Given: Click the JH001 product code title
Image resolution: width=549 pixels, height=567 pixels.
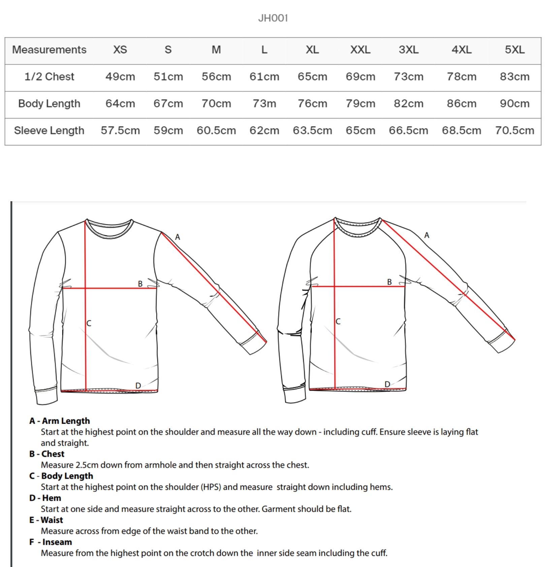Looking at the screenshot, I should [273, 18].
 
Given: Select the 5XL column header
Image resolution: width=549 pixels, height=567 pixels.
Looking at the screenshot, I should [514, 50].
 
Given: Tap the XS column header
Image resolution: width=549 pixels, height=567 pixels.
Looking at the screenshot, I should [120, 50].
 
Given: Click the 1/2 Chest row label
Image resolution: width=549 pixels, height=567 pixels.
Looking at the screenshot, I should [49, 77].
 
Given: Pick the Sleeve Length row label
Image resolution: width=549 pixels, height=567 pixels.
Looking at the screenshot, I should [49, 130].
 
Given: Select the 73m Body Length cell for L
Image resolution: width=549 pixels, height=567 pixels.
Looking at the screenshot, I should [264, 103].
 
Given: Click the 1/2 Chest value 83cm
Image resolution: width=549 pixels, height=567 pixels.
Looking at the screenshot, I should [514, 77].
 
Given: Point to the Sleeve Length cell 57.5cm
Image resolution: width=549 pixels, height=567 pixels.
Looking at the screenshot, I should [120, 130].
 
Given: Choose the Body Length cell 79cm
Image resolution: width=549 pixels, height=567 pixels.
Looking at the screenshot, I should [360, 103].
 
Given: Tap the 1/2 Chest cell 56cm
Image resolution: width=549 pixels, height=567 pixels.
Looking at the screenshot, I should [216, 77].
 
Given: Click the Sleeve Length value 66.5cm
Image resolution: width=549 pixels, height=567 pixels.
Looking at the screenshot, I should [408, 130].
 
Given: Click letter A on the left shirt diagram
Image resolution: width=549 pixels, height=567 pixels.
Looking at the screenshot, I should [177, 237].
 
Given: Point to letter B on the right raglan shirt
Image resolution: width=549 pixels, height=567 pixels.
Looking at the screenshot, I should [389, 282].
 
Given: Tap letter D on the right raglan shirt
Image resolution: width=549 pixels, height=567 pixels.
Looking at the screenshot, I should [387, 384].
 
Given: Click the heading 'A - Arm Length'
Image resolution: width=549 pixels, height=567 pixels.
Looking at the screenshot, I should [60, 421].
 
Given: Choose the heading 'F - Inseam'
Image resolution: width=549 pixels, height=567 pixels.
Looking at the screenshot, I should [51, 542].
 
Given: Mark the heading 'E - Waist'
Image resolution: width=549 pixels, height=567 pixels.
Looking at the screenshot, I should [46, 520].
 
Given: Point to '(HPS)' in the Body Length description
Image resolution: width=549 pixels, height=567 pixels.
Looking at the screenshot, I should [211, 487].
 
